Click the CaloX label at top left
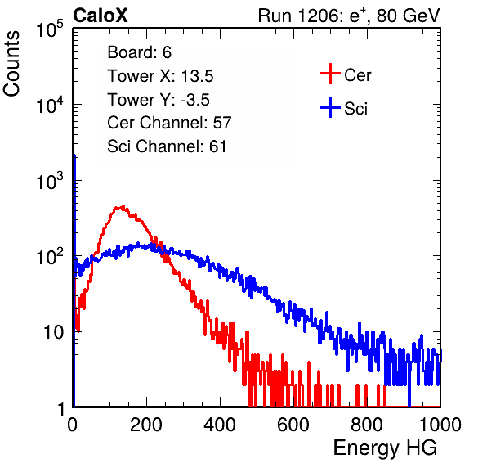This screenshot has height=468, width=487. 101,16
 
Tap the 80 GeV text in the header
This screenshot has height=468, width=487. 408,16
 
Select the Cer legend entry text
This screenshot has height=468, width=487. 357,75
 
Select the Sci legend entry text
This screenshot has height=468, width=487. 355,109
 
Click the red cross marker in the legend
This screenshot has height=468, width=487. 330,74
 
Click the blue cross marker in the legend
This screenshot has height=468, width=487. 330,107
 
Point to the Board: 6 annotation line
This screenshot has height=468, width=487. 139,52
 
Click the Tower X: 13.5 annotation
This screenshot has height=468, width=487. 160,76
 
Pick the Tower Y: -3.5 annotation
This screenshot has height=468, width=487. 159,100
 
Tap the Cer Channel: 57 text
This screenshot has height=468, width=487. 169,123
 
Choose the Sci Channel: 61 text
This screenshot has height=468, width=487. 167,146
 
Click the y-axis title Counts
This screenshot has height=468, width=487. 11,63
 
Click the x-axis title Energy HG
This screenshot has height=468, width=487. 385,448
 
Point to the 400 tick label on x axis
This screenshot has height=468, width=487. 220,425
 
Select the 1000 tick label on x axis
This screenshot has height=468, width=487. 440,425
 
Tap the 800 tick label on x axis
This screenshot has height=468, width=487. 367,425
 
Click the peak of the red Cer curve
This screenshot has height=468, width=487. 123,206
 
